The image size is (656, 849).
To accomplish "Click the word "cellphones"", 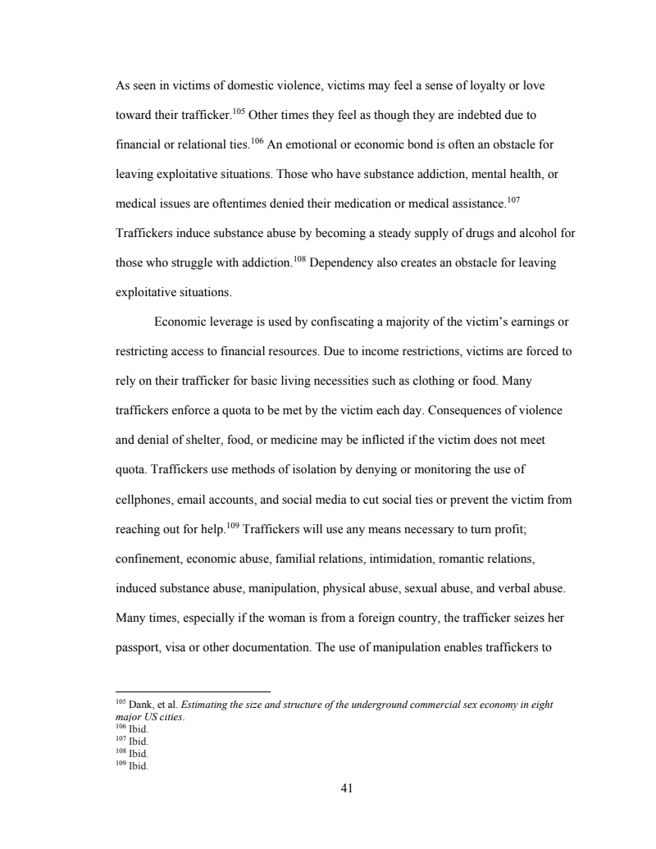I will [x=144, y=500].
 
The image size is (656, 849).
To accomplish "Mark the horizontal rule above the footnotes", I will [x=193, y=692].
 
